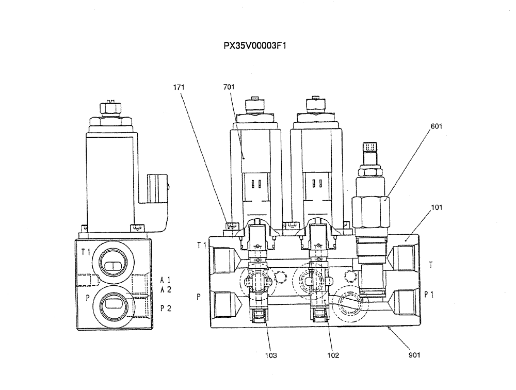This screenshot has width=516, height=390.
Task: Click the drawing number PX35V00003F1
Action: [255, 45]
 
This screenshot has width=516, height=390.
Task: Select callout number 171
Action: [178, 88]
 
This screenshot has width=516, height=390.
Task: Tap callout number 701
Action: [229, 88]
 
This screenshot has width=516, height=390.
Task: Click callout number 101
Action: [436, 207]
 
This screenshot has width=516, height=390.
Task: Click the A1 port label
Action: [166, 279]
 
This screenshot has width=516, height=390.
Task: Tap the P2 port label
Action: [166, 308]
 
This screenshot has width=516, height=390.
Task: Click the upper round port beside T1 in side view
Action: [111, 263]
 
